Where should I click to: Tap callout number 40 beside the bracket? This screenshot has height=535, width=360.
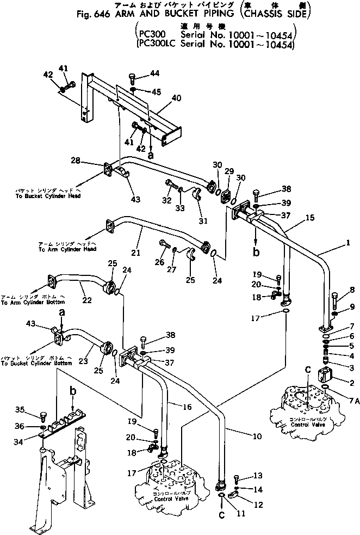(176, 99)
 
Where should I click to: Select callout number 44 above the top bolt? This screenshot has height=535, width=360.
(155, 73)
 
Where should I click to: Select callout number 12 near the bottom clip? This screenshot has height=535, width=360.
(258, 505)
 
